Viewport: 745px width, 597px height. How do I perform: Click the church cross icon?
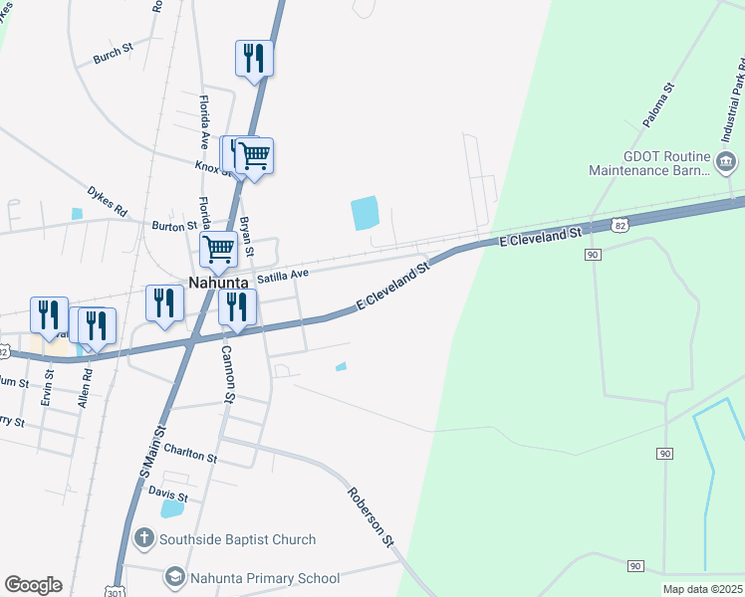pyautogui.click(x=143, y=539)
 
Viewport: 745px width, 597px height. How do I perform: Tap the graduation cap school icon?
pyautogui.click(x=175, y=577)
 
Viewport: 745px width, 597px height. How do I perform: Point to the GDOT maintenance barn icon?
pyautogui.click(x=727, y=161)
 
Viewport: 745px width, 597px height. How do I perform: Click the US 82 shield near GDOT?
pyautogui.click(x=620, y=226)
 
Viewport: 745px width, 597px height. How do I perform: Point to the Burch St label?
pyautogui.click(x=113, y=54)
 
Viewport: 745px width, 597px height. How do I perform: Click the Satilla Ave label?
pyautogui.click(x=284, y=274)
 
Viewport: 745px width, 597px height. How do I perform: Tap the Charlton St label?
pyautogui.click(x=190, y=456)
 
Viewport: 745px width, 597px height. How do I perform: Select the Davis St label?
pyautogui.click(x=168, y=493)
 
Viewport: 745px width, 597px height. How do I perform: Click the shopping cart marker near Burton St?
pyautogui.click(x=218, y=249)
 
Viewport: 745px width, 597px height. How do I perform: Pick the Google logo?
pyautogui.click(x=33, y=585)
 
